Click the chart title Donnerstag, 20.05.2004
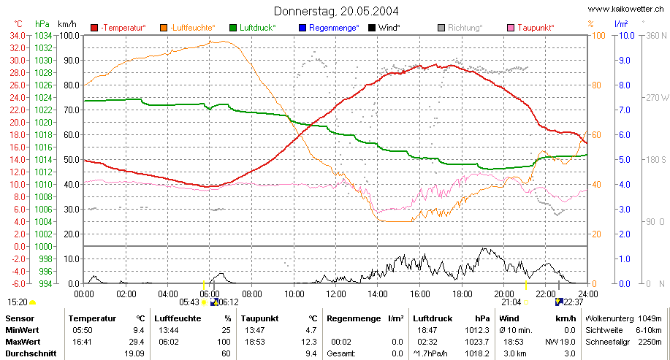336,11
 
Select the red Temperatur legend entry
118,28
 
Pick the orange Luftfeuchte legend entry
188,28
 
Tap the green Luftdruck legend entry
253,28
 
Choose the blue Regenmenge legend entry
329,28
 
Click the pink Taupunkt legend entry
530,28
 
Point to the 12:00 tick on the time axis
336,294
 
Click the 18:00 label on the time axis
462,294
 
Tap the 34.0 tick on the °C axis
18,36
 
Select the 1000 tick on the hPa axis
43,246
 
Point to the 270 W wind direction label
657,97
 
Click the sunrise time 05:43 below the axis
189,302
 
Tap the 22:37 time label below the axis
574,302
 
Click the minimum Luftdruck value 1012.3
477,330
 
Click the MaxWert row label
22,342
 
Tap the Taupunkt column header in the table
259,318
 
